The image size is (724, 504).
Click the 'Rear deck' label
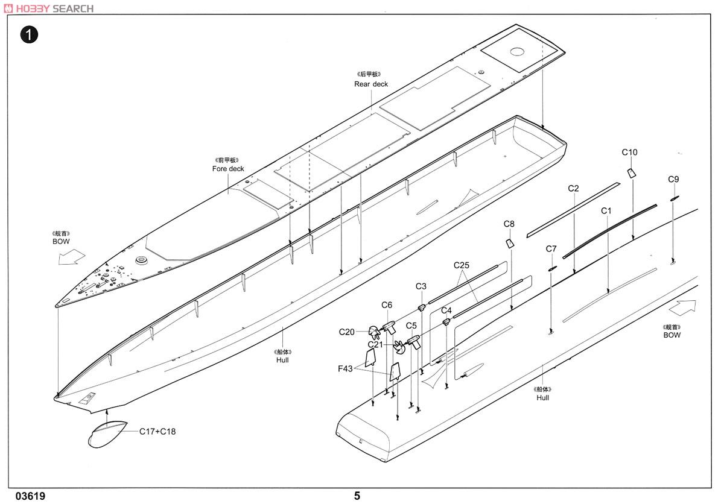pyautogui.click(x=371, y=84)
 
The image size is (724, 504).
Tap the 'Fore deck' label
pyautogui.click(x=228, y=169)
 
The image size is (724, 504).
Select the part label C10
pyautogui.click(x=629, y=153)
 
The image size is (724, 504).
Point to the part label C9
pyautogui.click(x=673, y=179)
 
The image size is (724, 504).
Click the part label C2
pyautogui.click(x=573, y=189)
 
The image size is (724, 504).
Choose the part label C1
pyautogui.click(x=606, y=211)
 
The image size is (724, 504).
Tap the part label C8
pyautogui.click(x=509, y=224)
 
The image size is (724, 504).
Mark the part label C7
pyautogui.click(x=551, y=249)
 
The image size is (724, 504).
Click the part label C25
pyautogui.click(x=462, y=265)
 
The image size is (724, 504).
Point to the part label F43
pyautogui.click(x=345, y=368)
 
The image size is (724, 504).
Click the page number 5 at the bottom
pyautogui.click(x=357, y=496)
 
